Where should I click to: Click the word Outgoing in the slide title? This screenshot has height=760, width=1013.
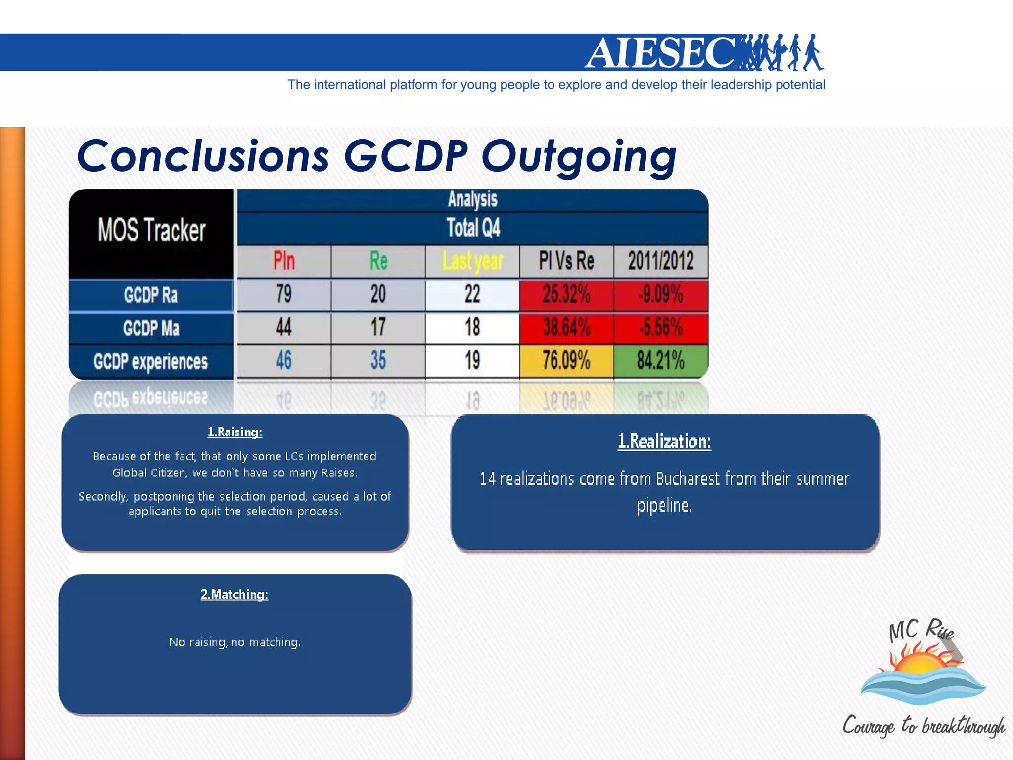pos(579,156)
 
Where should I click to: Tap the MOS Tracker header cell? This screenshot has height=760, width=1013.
pos(151,231)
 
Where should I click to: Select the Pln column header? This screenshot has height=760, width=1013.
pos(284,261)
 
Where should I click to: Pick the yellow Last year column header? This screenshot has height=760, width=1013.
pos(472,261)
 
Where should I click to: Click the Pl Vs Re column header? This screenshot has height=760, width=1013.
pos(566,261)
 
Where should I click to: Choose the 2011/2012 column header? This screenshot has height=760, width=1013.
pos(661,261)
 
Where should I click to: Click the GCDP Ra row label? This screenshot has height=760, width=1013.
pos(151,295)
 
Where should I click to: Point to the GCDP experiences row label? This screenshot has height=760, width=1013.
pos(151,362)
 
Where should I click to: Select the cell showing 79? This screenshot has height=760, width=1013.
pos(284,294)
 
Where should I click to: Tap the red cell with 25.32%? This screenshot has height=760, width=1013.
pos(566,294)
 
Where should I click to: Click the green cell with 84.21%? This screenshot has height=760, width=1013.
pos(661,360)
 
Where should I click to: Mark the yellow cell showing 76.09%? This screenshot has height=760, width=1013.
pos(566,360)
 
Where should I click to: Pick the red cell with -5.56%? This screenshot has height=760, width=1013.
pos(661,328)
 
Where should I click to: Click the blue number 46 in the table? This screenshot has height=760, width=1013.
pos(284,360)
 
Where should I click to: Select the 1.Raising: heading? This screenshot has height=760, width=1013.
pos(235,432)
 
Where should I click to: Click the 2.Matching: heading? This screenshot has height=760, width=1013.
pos(234,594)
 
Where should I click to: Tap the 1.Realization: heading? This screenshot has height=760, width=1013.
pos(664,441)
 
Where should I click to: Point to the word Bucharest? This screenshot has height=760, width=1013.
pos(688,479)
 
